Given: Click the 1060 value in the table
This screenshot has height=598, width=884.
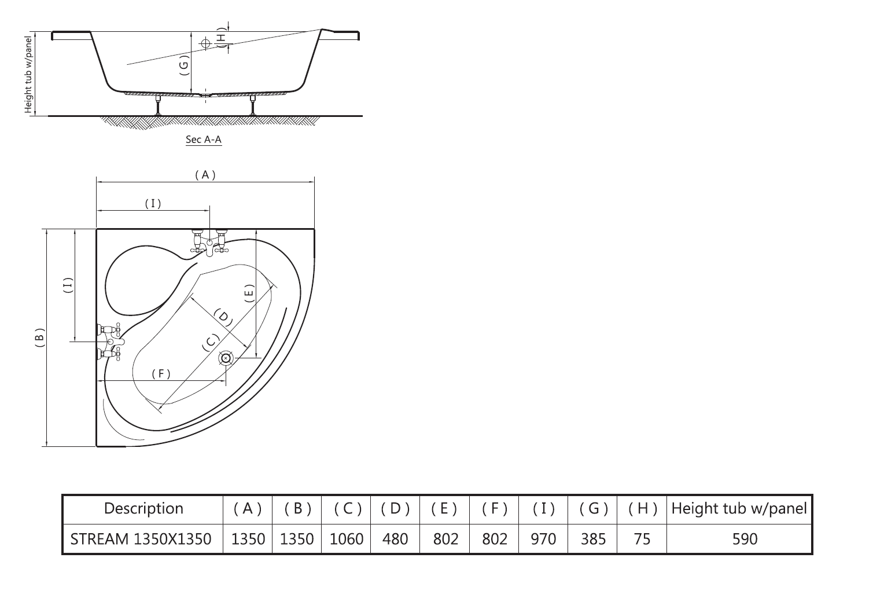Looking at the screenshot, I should pos(346,540).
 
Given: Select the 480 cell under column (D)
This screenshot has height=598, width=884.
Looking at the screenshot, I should pos(395,540).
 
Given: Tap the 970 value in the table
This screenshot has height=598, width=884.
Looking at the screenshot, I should pos(543,540).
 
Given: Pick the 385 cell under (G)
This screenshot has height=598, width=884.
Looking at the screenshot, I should pos(593,540).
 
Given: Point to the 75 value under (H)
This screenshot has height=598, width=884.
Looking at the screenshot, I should pos(642,540).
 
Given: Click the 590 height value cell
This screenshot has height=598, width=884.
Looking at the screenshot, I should pos(745,540).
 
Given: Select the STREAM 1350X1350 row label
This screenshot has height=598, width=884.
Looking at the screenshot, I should pos(141,540).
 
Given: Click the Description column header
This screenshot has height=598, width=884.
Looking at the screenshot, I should pos(143,509).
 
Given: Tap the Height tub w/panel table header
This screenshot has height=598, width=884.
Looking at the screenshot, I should pos(739,509).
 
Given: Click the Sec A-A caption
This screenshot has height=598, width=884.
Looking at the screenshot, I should pos(204,140).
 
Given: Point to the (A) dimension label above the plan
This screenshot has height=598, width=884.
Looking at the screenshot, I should pos(205,175).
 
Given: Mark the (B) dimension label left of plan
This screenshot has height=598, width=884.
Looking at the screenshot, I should pos(39,337).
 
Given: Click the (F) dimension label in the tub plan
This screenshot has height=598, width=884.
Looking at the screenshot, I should pos(161,374).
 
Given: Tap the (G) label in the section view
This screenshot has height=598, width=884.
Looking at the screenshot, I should pos(183,65).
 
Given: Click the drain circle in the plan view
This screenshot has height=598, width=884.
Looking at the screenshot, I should pos(226,358).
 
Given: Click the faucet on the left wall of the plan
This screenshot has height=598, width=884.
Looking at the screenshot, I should pos(110,342).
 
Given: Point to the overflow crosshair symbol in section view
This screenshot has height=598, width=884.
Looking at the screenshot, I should pos(205,43).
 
